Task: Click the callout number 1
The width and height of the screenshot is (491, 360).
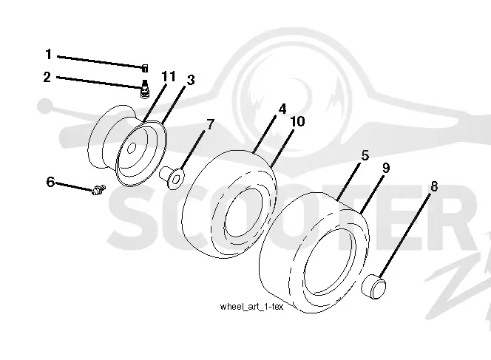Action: (49, 54)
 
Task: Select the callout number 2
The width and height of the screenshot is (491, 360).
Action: (47, 77)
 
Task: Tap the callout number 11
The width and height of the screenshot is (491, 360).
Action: (169, 76)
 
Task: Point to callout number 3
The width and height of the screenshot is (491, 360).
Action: (191, 80)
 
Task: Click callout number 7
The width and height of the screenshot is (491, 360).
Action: (210, 125)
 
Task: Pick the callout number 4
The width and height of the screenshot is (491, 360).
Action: (282, 109)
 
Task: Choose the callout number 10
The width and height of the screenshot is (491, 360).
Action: (297, 121)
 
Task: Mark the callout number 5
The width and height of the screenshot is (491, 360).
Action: (365, 155)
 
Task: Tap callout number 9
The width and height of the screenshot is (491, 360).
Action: (386, 168)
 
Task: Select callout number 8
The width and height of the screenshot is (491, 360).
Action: (434, 186)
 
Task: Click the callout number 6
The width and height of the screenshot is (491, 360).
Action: (50, 182)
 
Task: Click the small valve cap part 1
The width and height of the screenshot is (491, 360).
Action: (145, 68)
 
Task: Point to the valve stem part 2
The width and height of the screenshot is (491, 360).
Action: (145, 89)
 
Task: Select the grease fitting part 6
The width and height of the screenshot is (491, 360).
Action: (98, 190)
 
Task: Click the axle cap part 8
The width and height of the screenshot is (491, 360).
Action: (373, 286)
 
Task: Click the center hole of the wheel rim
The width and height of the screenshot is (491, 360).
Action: (132, 148)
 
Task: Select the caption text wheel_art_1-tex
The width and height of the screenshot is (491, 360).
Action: (251, 307)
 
